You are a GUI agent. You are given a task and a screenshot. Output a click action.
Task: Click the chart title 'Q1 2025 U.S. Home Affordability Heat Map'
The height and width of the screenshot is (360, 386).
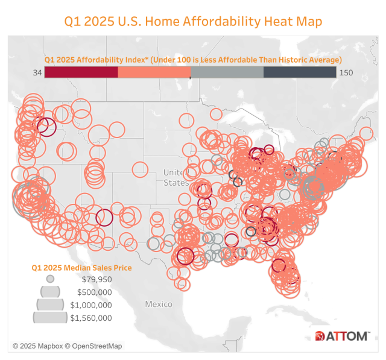[193, 21]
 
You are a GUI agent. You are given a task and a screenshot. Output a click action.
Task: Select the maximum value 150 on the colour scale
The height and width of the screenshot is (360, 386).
[346, 72]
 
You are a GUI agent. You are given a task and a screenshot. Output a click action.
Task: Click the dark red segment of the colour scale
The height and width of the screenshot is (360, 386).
[81, 72]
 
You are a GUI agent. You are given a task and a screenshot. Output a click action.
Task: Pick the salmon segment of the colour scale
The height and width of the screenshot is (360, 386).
[154, 72]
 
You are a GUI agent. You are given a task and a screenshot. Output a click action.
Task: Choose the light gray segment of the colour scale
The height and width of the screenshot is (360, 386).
[227, 72]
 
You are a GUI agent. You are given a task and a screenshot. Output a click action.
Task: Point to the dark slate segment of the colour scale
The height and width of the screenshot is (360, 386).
[299, 72]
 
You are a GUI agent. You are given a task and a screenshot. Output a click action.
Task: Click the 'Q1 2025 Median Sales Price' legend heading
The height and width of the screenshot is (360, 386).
[81, 267]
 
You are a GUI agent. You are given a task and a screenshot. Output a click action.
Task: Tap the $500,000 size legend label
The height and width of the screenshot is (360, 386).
[96, 292]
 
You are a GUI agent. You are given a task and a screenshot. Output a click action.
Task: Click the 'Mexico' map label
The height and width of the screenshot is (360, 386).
[159, 304]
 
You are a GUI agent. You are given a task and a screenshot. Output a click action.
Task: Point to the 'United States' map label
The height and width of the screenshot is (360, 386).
[176, 177]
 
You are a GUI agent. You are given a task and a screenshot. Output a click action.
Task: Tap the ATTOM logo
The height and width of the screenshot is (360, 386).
[341, 336]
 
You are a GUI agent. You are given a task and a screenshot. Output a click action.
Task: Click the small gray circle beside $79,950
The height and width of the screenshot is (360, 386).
[51, 279]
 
